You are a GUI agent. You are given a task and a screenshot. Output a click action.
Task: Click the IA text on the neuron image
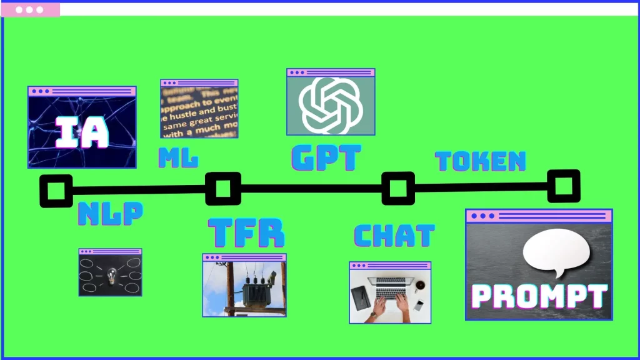(82, 132)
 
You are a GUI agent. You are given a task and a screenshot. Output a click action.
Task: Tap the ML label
(178, 159)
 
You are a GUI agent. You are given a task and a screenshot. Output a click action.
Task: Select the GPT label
(326, 158)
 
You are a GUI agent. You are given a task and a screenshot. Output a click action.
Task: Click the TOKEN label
(480, 161)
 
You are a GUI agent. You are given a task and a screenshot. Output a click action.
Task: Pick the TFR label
(246, 232)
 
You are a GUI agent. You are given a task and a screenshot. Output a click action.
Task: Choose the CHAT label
(394, 236)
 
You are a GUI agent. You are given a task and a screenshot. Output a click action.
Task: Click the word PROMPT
(538, 296)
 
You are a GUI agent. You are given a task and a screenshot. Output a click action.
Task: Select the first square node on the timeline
(56, 191)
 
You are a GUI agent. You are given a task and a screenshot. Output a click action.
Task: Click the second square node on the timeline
(223, 188)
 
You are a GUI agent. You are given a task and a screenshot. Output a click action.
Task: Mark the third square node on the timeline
(397, 187)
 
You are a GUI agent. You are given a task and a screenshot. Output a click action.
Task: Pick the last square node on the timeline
(563, 186)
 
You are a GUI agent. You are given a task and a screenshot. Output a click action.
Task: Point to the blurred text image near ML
(199, 110)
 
